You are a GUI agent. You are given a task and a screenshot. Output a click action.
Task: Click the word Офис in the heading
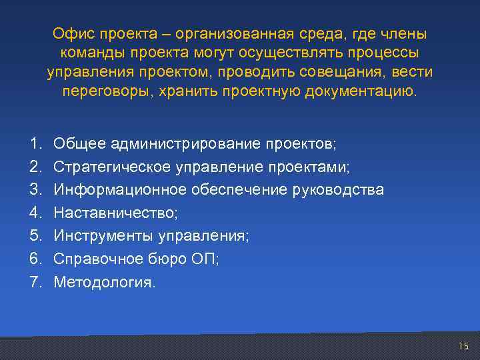click(x=73, y=33)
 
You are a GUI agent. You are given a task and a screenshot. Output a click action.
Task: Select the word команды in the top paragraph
click(x=91, y=53)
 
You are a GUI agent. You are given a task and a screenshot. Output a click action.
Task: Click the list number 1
click(x=35, y=144)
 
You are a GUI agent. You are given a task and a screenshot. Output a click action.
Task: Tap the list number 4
click(x=35, y=213)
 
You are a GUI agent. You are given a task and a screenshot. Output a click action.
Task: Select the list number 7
click(x=35, y=282)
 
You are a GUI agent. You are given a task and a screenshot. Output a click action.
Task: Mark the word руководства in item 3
click(x=338, y=190)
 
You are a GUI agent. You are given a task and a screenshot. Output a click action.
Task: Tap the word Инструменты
click(x=104, y=236)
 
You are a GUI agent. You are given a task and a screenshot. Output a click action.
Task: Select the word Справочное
click(x=99, y=259)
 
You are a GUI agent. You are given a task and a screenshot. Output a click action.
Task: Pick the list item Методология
click(x=104, y=282)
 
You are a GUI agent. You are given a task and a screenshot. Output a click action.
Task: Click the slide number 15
click(x=463, y=346)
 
